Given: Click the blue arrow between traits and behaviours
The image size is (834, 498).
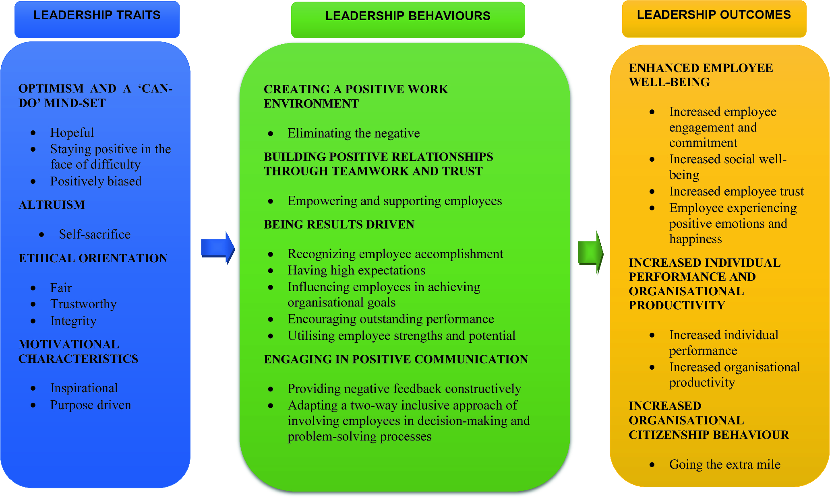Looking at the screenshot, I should [x=217, y=248].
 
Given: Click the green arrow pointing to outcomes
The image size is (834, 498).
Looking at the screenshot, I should [x=590, y=253].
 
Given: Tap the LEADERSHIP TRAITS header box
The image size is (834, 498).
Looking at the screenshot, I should [x=97, y=19].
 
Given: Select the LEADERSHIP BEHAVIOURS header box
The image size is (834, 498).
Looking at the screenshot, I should [x=408, y=19].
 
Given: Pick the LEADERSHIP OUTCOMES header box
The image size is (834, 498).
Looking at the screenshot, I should [x=714, y=19].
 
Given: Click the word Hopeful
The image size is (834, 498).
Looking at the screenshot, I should [x=72, y=133].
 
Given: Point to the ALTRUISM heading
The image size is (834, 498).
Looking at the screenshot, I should [x=52, y=205].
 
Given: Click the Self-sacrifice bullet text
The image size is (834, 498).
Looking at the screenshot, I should [x=95, y=234].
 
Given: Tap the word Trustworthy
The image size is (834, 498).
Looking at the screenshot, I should [x=83, y=304].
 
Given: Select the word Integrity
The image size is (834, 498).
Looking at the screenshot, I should [x=73, y=321].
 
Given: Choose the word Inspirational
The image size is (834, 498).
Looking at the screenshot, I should [x=84, y=388].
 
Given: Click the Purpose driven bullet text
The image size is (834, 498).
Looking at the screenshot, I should [x=91, y=405].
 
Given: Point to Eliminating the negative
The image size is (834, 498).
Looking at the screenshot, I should [x=354, y=133].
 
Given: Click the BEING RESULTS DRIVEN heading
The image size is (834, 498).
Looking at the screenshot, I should [x=339, y=224].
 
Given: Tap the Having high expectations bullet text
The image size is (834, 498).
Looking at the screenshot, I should [x=356, y=270].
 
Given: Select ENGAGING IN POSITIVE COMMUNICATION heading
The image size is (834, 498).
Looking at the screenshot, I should [x=395, y=359].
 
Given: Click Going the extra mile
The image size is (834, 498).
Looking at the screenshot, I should [x=724, y=465].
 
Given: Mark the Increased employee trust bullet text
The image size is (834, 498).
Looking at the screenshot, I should [x=736, y=191].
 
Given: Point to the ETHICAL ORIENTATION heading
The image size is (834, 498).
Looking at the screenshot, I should [x=93, y=258].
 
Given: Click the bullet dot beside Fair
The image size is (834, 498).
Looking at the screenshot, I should [x=33, y=288].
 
